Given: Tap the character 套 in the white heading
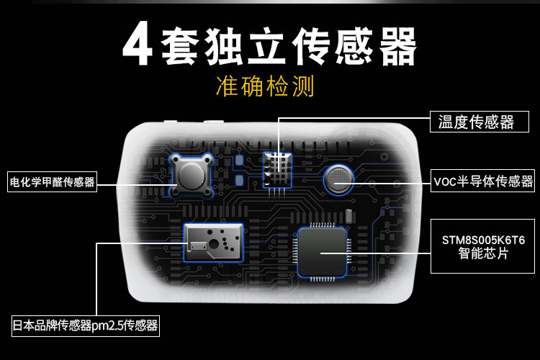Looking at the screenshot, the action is tap(184, 45).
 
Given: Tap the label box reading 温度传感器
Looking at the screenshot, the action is tap(476, 122).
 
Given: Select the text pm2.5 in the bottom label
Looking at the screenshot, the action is tap(107, 325).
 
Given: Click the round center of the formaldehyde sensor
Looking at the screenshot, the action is tap(191, 175).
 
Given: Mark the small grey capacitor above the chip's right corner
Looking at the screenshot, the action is tap(348, 215).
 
